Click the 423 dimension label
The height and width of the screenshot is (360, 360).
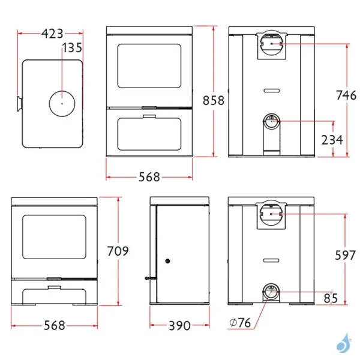click(52, 34)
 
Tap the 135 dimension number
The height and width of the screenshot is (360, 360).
click(73, 47)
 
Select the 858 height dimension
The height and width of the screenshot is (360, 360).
click(214, 100)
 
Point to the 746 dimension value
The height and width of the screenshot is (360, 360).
click(345, 94)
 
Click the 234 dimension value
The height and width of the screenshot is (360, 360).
click(332, 140)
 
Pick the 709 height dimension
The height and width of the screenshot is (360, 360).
click(118, 251)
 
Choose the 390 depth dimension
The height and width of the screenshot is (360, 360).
click(178, 326)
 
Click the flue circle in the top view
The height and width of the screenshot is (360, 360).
click(61, 104)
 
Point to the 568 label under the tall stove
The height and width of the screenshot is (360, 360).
click(149, 177)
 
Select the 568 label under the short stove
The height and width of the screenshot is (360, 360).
click(54, 326)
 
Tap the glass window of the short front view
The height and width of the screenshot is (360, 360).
click(53, 238)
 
